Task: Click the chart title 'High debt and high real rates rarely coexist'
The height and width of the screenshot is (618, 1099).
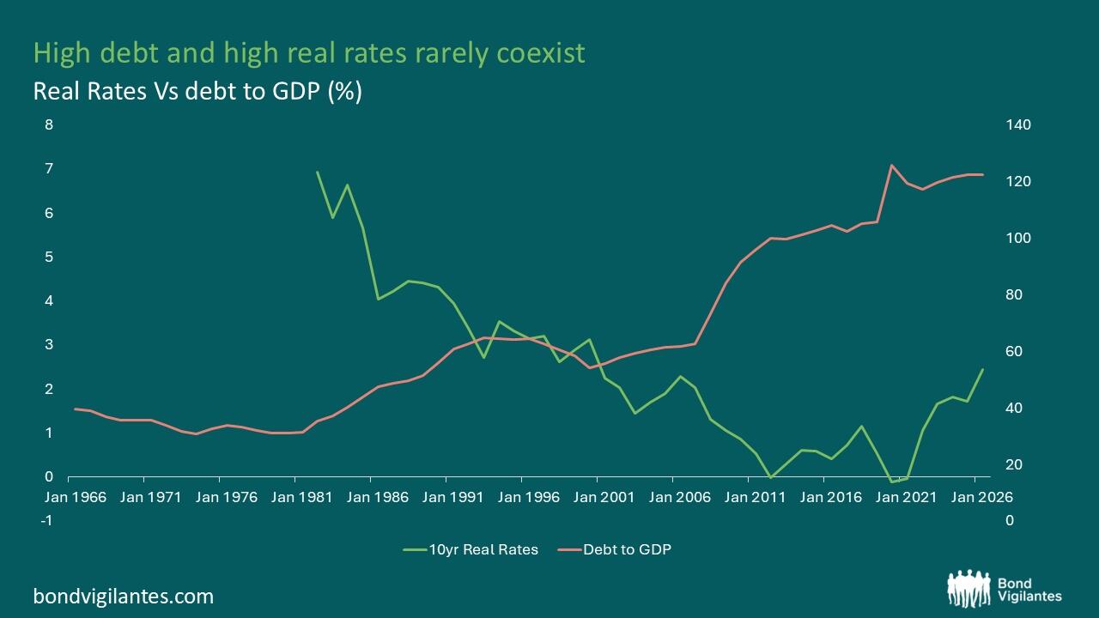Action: [309, 53]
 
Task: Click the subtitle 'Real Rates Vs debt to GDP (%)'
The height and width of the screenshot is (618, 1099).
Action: [197, 91]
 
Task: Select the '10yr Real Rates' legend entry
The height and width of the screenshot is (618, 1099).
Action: [471, 549]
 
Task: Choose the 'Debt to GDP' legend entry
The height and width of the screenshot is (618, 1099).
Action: [614, 549]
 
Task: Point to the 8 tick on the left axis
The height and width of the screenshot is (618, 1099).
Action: [49, 124]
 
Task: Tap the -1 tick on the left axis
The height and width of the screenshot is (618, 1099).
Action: [46, 520]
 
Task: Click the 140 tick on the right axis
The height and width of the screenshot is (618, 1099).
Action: [1018, 124]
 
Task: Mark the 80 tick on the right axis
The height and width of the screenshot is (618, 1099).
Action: [1014, 294]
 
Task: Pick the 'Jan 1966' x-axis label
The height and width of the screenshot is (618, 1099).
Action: [75, 497]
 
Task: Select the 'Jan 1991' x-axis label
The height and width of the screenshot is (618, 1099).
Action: [452, 497]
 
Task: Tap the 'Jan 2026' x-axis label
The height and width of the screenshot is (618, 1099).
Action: [981, 497]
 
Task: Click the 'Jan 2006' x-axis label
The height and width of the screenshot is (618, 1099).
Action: [679, 497]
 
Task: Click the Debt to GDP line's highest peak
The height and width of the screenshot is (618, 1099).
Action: [891, 166]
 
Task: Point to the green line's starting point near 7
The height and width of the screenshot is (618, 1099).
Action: [318, 173]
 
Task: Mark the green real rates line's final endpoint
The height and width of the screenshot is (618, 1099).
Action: [982, 369]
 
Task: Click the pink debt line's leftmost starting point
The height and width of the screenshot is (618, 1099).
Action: [75, 409]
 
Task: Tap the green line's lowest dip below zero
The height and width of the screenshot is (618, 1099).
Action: [891, 482]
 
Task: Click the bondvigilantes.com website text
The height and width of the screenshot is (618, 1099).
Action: [123, 597]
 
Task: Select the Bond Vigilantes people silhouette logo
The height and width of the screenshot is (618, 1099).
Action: [968, 589]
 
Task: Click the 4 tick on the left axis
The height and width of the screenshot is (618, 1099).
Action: [49, 300]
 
